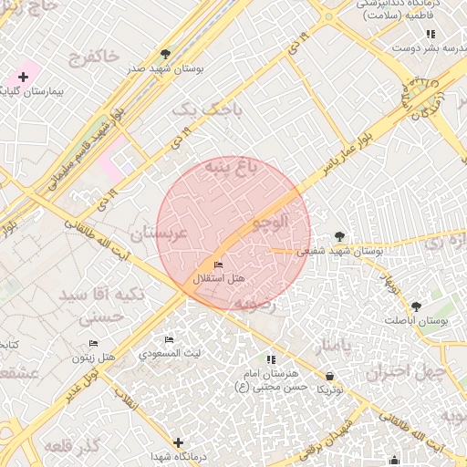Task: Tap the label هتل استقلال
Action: click(222, 277)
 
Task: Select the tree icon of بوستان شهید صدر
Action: click(165, 54)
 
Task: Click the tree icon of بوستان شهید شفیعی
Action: click(340, 235)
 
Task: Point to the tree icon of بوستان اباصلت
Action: click(417, 306)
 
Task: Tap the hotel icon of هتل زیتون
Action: click(93, 343)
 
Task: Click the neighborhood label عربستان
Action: click(158, 233)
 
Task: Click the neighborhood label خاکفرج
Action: click(93, 57)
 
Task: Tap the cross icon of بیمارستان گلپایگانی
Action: click(23, 78)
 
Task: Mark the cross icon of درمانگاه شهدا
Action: click(178, 442)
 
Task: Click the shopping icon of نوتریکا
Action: click(329, 376)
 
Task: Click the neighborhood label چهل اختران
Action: click(405, 373)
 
